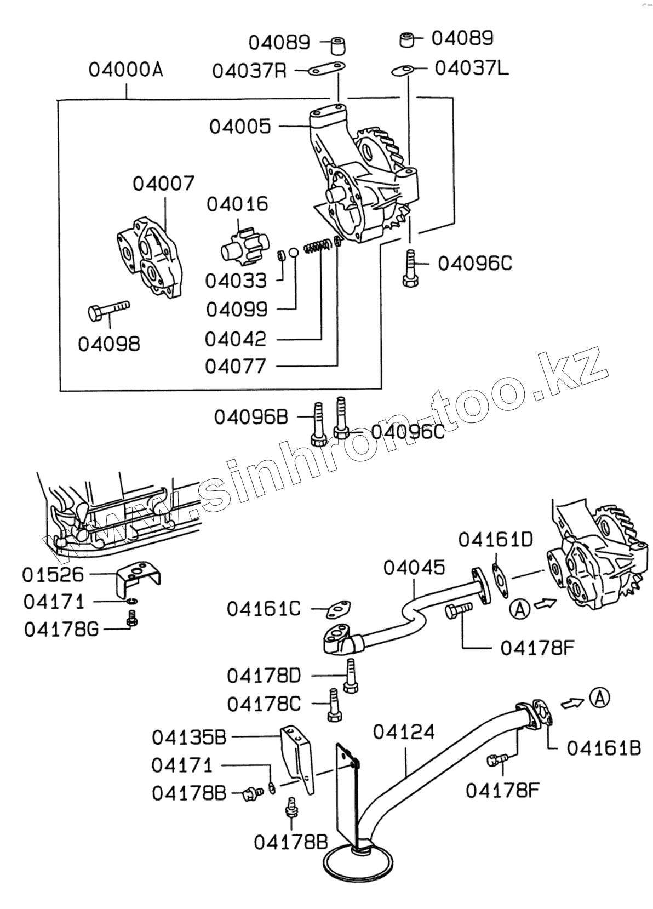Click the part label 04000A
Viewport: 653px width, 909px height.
click(x=126, y=70)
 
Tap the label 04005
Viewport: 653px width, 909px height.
click(x=240, y=127)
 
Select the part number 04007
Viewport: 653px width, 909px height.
click(x=163, y=184)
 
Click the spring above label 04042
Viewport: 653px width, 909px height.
click(x=317, y=245)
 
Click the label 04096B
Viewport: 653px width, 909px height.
click(x=251, y=418)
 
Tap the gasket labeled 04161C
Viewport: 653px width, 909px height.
click(x=339, y=608)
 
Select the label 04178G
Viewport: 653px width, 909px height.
click(x=61, y=630)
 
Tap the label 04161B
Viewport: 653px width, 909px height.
click(x=603, y=748)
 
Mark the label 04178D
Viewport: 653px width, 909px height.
click(x=264, y=676)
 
